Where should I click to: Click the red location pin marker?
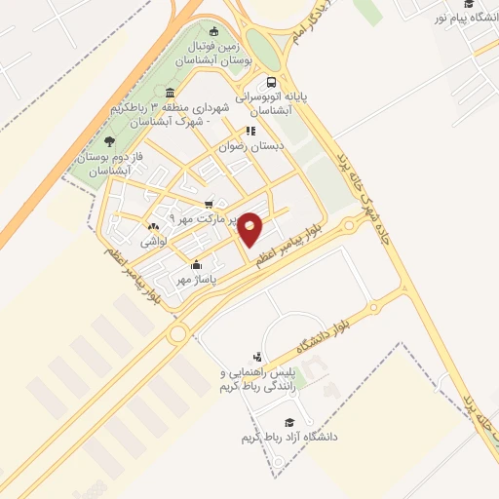[250, 228]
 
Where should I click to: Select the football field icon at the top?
[214, 30]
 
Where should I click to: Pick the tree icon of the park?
[109, 141]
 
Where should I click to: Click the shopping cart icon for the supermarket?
[209, 205]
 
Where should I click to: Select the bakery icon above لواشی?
[154, 227]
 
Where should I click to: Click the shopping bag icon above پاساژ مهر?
[197, 264]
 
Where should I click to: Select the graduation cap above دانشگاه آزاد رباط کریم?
[288, 422]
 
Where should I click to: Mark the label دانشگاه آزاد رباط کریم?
[289, 438]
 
